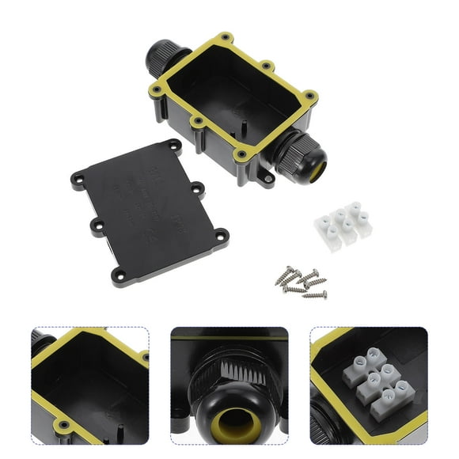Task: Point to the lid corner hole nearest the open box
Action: coord(172,146)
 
